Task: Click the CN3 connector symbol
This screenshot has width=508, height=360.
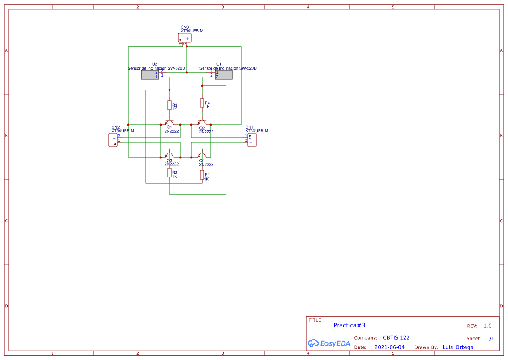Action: (185, 38)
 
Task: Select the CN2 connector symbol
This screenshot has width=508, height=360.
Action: (113, 140)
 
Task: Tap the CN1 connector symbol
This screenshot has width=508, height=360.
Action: (252, 140)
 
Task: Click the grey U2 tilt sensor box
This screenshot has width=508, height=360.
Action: (149, 75)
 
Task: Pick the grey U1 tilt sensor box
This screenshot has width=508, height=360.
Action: (224, 75)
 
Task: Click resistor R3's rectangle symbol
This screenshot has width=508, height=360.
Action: (169, 105)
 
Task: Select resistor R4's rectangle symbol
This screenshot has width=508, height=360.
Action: (202, 103)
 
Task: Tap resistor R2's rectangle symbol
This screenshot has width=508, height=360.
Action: (169, 173)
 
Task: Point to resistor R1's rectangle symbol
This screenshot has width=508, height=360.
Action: (202, 175)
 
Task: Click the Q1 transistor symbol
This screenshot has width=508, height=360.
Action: (169, 122)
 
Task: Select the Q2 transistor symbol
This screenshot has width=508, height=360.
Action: (202, 122)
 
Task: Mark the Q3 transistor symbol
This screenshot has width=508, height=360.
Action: (169, 154)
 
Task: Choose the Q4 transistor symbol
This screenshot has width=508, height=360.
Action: (202, 154)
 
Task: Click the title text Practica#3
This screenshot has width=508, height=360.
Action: (349, 325)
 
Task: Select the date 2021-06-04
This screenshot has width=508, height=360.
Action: (389, 347)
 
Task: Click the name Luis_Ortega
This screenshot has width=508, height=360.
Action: (458, 347)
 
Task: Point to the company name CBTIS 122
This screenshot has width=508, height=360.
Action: (396, 337)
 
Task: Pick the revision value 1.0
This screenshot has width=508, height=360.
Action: (488, 326)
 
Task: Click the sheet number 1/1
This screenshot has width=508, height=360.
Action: (490, 338)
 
